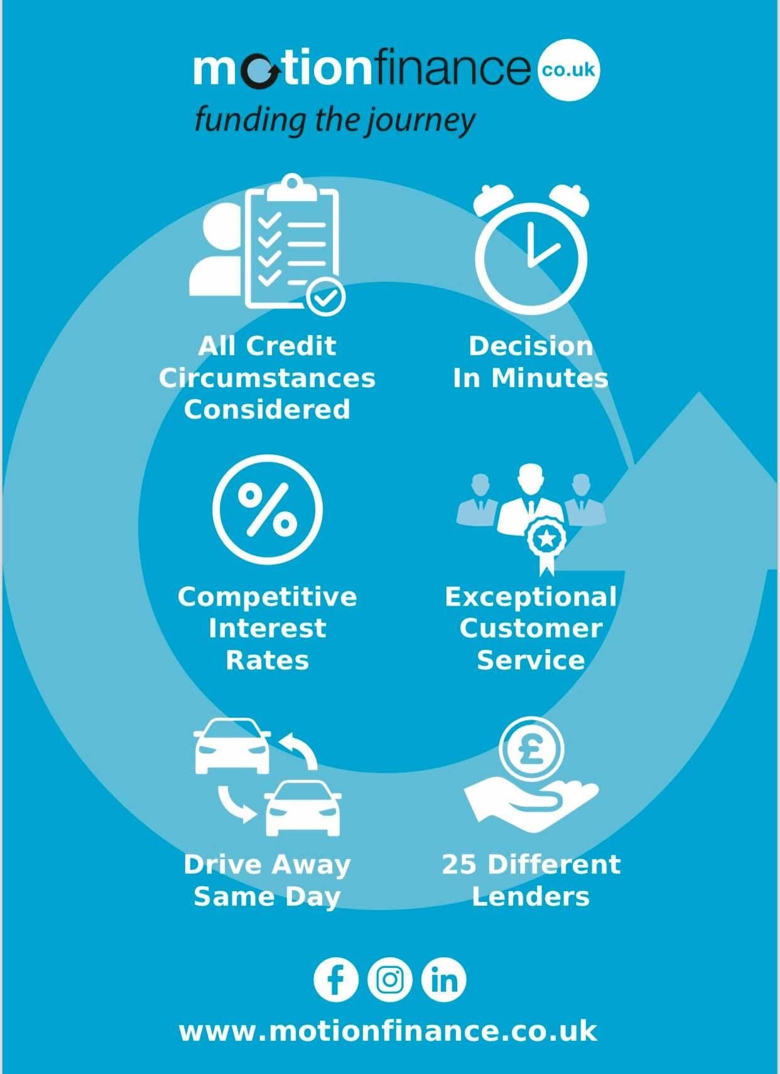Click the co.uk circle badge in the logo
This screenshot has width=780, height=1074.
(x=569, y=70)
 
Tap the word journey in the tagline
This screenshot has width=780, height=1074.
(x=421, y=121)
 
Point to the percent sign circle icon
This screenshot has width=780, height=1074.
(x=268, y=509)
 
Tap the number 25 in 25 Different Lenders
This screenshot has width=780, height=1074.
(x=460, y=865)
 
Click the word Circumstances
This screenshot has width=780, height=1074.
(x=267, y=378)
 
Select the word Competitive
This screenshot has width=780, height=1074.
(x=268, y=598)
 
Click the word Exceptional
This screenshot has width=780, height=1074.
(x=531, y=598)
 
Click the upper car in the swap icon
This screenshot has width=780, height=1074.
(x=232, y=745)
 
